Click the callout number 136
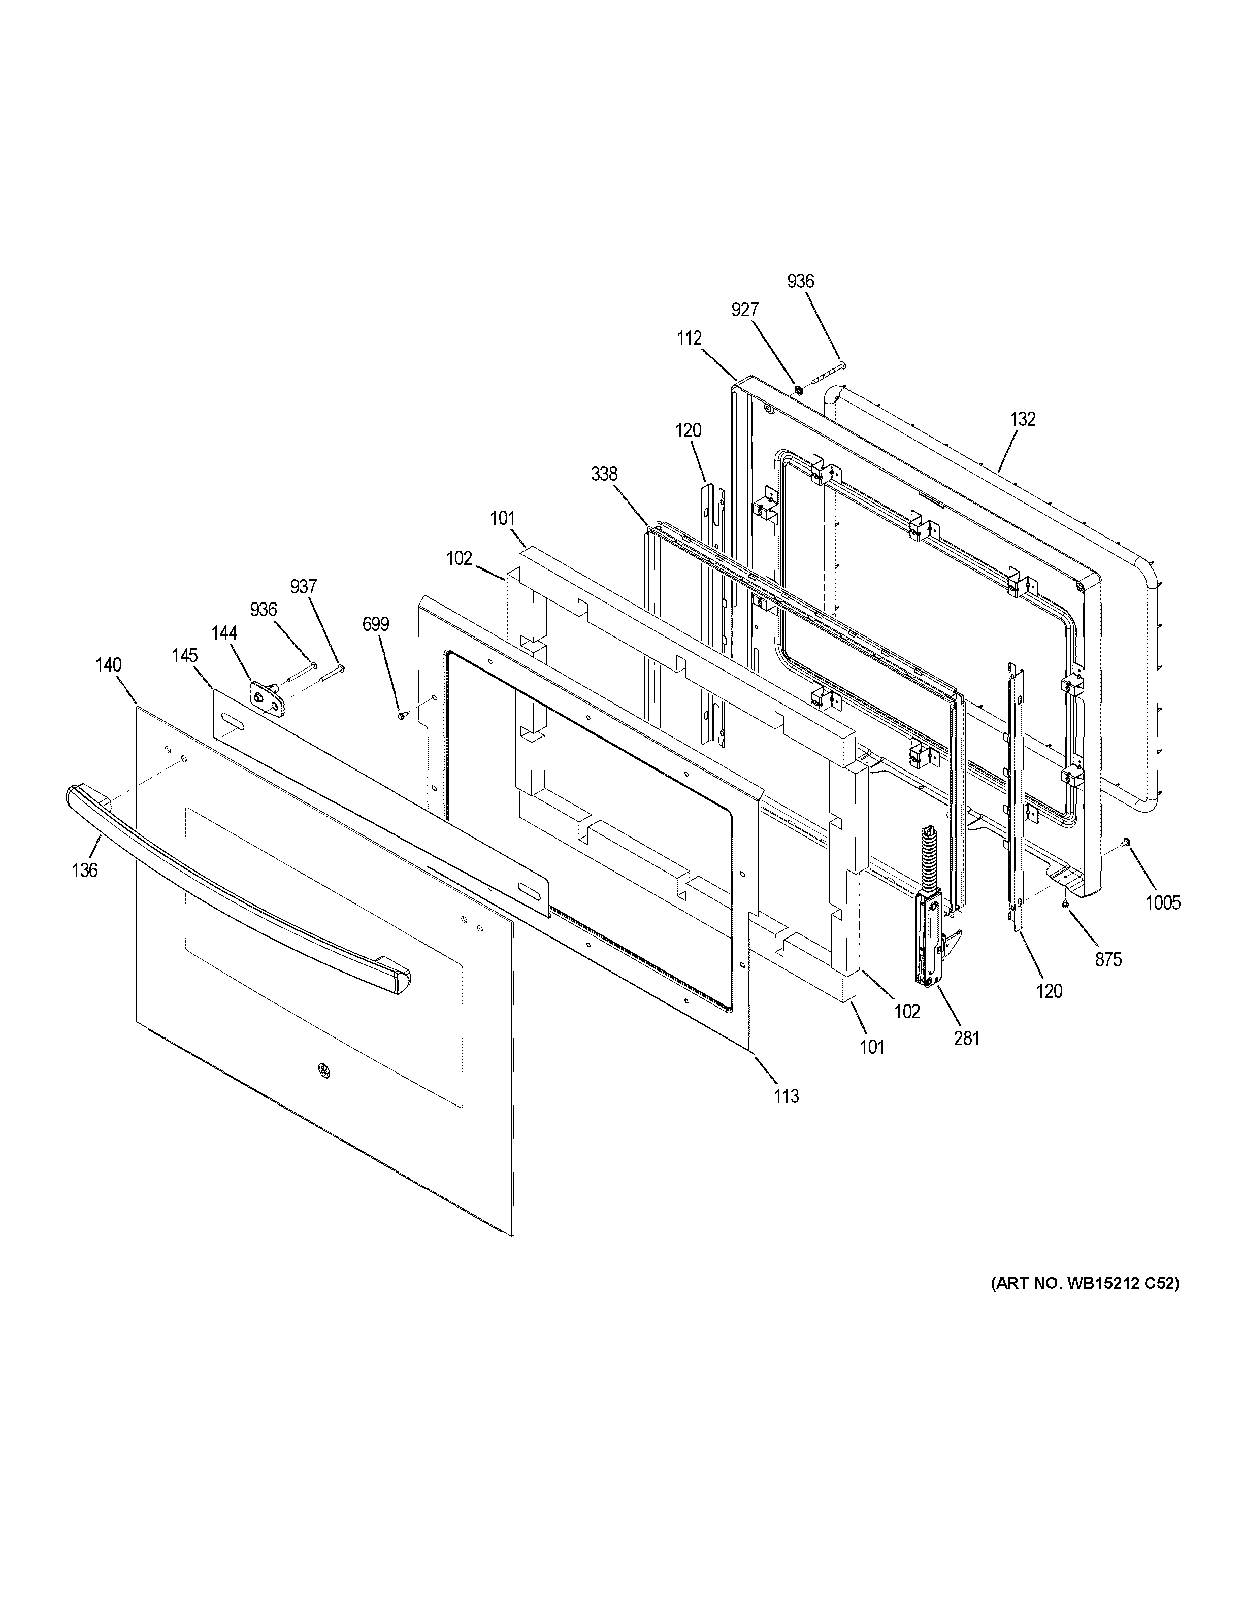click(85, 870)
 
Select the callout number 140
click(108, 665)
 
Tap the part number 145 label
click(185, 655)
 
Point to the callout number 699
click(376, 624)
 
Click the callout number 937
click(303, 587)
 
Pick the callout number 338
click(604, 474)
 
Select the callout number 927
click(744, 310)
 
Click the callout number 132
click(1023, 419)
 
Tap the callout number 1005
click(1163, 902)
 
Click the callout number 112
click(689, 338)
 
